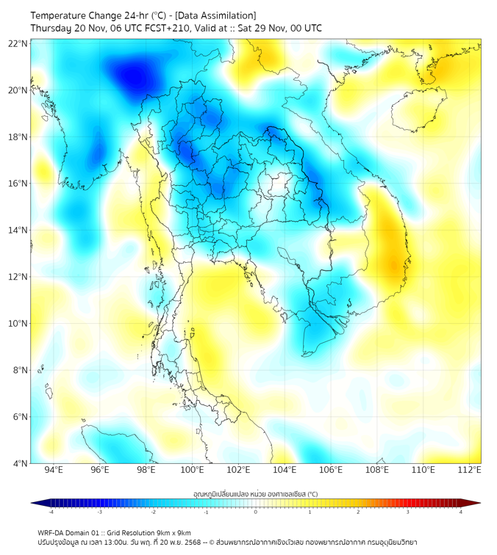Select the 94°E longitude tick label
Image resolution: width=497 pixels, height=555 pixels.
tap(54, 470)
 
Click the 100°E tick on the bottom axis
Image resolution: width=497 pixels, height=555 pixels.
tap(192, 470)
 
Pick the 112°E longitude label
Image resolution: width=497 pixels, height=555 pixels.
tap(469, 470)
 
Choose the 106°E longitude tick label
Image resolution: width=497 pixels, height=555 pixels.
tap(331, 470)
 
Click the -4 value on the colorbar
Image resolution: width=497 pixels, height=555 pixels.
tap(51, 512)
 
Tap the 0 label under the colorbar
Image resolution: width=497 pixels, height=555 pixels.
tap(256, 512)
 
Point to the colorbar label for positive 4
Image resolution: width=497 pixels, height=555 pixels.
tap(461, 512)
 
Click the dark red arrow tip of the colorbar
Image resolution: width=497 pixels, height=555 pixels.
tap(476, 503)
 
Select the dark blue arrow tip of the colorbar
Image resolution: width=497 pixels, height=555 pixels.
tap(35, 503)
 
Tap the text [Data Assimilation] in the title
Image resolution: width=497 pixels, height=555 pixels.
tap(214, 15)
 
